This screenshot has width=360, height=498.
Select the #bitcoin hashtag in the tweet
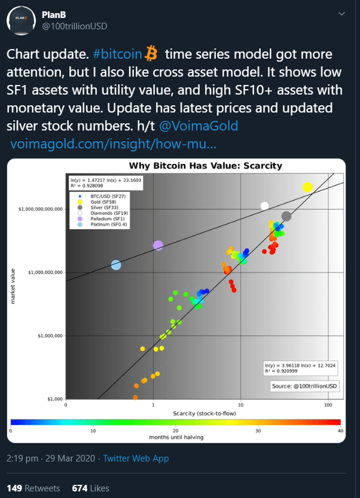pos(118,54)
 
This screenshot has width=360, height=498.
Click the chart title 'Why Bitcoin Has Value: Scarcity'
pos(206,166)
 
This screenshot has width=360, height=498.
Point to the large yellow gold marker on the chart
pos(307,187)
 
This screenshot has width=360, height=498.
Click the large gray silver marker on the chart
pos(286,216)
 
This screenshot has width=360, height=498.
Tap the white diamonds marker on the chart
pos(264,206)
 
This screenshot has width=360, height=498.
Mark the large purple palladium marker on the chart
pos(158,245)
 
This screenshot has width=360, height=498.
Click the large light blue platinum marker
pos(116,265)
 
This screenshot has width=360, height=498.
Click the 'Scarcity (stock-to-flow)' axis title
pos(203,414)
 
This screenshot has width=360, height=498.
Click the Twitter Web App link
pos(136,458)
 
